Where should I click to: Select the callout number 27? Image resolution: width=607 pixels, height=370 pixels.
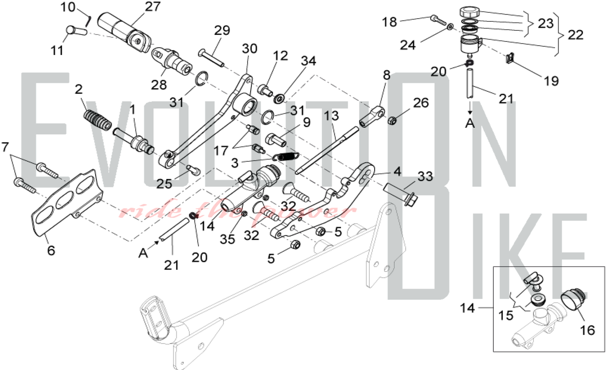[152, 7]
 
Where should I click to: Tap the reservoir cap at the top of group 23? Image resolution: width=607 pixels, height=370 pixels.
[469, 12]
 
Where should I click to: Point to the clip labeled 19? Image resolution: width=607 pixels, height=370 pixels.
[510, 58]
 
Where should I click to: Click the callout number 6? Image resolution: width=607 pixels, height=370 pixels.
[51, 251]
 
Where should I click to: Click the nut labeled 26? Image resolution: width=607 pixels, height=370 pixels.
[392, 121]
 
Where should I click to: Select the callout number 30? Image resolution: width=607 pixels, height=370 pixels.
[249, 49]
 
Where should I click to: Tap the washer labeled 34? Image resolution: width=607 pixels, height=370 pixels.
[279, 99]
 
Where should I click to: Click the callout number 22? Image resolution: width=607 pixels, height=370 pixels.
[575, 35]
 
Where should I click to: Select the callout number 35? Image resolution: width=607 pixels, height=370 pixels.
[227, 239]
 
